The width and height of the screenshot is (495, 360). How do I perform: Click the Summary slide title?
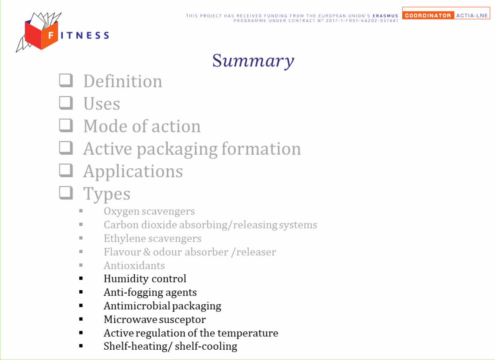click(x=253, y=61)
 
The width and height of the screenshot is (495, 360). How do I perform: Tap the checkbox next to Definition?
click(x=66, y=80)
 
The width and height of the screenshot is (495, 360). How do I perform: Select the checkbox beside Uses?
click(x=66, y=103)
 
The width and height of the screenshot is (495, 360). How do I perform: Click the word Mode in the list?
click(x=104, y=126)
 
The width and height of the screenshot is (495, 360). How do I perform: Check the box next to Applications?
click(x=66, y=170)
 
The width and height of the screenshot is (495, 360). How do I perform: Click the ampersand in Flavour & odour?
click(x=147, y=252)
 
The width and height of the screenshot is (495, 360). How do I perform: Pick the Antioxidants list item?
click(x=134, y=266)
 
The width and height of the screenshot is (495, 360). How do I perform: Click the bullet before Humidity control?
click(x=81, y=278)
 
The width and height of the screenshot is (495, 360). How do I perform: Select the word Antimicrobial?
click(x=137, y=306)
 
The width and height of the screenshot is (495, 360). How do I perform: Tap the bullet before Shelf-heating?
click(x=81, y=346)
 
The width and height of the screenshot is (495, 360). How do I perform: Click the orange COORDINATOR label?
click(x=428, y=15)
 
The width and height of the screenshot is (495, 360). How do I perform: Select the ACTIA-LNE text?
click(x=472, y=15)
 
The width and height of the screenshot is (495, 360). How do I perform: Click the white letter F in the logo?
click(x=51, y=35)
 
